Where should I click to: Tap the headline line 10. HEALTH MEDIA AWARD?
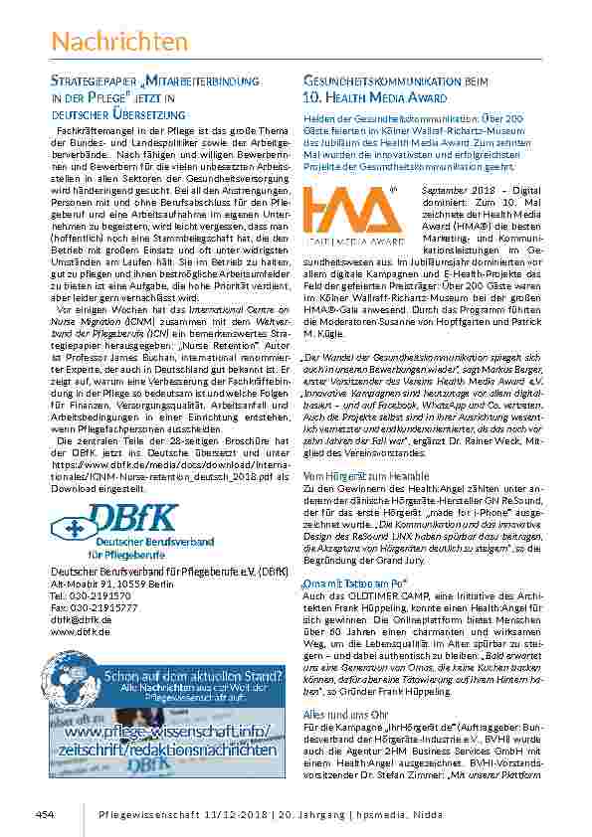point(375,98)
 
